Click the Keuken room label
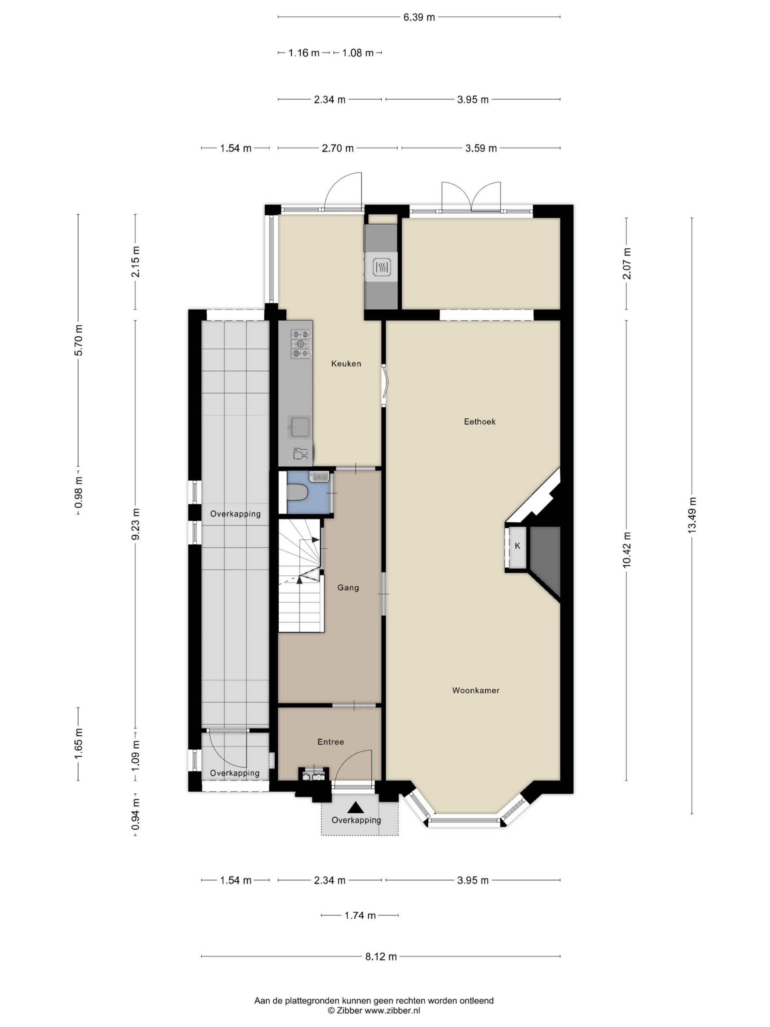[x=346, y=363]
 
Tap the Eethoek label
[x=480, y=422]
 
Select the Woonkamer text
[x=476, y=690]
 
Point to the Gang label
[x=348, y=588]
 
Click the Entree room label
[x=330, y=742]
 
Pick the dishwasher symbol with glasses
[x=300, y=453]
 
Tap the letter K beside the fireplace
[x=517, y=546]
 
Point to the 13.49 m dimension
[x=692, y=515]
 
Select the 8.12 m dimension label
[x=381, y=956]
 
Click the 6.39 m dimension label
[x=419, y=17]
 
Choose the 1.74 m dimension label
[x=360, y=915]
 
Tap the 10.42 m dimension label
[x=627, y=550]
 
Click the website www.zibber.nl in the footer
[x=392, y=1010]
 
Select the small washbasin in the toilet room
[x=319, y=476]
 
